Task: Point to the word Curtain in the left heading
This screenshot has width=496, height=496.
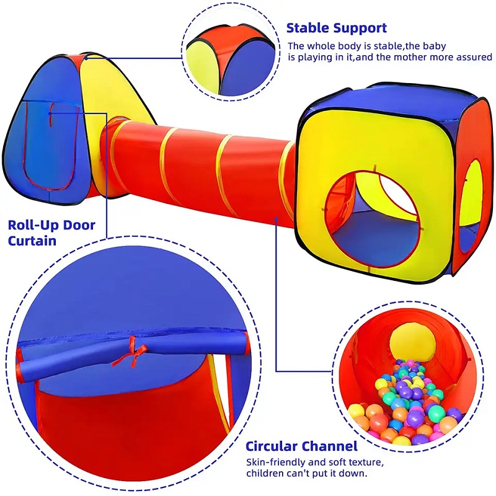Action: (32, 241)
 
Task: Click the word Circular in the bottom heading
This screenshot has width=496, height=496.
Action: (272, 446)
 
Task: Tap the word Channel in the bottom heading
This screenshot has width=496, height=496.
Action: (329, 446)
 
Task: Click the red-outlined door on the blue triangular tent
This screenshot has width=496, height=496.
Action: (50, 146)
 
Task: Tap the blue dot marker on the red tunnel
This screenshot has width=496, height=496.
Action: (277, 218)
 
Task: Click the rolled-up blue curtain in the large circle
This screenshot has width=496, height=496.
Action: (133, 354)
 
